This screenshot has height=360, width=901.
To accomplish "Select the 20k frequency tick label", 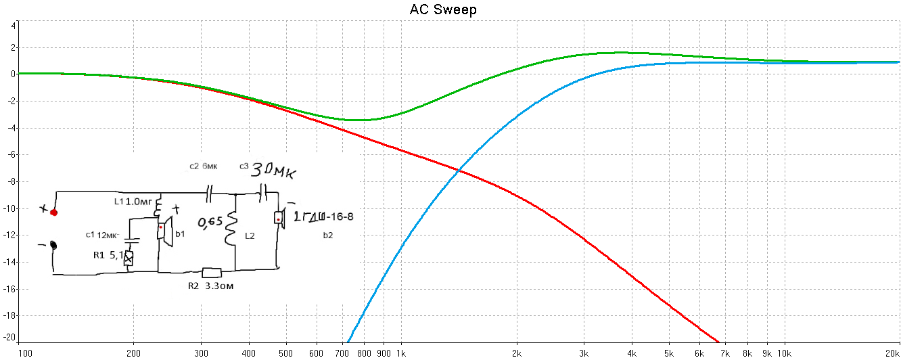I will point(892,353).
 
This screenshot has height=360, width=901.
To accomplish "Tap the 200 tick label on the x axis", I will point(133,353).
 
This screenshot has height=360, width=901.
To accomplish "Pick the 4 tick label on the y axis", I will point(14,26).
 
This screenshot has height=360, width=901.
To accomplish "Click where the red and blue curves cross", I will point(459,170).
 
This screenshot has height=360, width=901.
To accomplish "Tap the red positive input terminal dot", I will point(54,212).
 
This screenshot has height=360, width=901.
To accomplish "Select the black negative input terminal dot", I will point(53,245).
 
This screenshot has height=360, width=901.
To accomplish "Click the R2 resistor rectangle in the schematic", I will point(212,273).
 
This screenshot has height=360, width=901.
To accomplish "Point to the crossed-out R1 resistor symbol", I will point(129,258).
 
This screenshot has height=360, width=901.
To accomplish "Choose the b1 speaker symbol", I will point(164,231).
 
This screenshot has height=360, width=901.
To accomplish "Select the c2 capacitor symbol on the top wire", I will point(209,194).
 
